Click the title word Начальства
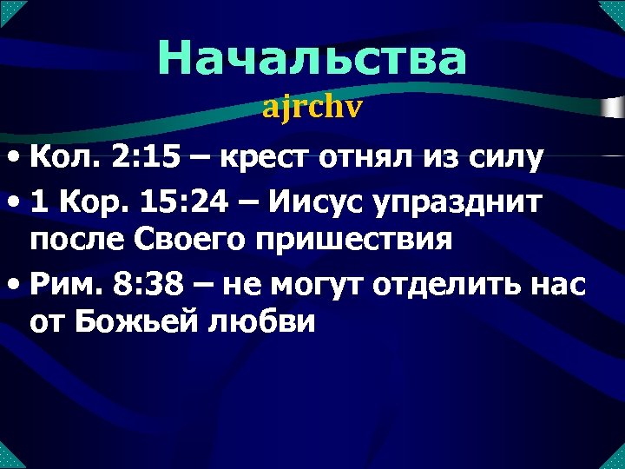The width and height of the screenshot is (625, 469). (312, 59)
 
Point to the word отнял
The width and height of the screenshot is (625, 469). (358, 160)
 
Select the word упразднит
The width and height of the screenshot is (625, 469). (470, 202)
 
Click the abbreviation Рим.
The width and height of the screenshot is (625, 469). (62, 282)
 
